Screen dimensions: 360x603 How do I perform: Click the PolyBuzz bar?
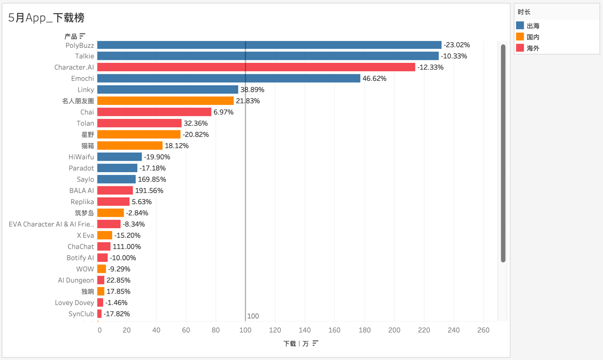(x=269, y=45)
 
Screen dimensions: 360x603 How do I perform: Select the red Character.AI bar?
(x=256, y=68)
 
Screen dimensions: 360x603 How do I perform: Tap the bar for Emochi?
(x=229, y=78)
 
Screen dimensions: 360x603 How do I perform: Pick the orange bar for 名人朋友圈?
(x=165, y=101)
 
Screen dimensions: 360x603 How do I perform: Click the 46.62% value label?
(x=374, y=78)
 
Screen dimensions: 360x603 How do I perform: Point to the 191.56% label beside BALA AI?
(x=149, y=191)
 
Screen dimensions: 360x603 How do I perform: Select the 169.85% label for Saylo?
(x=152, y=179)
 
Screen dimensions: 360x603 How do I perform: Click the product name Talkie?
(x=85, y=56)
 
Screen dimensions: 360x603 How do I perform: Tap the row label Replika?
(x=82, y=202)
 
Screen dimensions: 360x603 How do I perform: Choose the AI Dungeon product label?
(x=76, y=280)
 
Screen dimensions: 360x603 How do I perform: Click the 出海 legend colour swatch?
(x=520, y=26)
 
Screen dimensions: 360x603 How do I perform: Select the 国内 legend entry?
(x=533, y=37)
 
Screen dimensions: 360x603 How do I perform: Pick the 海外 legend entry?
(x=533, y=48)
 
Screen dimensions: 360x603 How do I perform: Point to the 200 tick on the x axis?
(x=394, y=330)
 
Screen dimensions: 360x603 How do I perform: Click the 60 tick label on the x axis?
(x=186, y=330)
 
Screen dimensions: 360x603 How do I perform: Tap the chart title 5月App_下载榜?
(x=47, y=18)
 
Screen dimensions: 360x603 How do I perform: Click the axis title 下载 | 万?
(x=296, y=343)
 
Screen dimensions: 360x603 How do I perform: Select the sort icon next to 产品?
(x=83, y=36)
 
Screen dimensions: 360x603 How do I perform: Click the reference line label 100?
(x=253, y=316)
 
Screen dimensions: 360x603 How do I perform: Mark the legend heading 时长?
(x=524, y=12)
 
